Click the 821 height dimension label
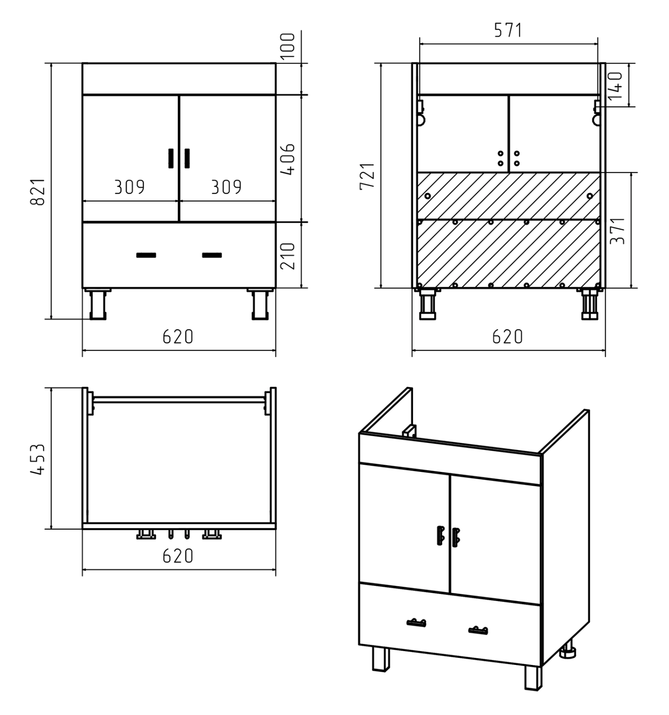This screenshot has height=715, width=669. (x=38, y=191)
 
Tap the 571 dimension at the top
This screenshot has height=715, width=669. (x=507, y=30)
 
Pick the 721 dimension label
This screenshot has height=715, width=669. (x=368, y=176)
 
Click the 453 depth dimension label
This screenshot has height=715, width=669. (x=38, y=459)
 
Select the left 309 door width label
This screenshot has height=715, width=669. (x=130, y=187)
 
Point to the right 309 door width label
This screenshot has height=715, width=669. (x=226, y=187)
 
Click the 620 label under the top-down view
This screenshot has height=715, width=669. (x=178, y=556)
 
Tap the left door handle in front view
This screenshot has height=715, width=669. (x=171, y=158)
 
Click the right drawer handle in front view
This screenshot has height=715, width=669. (x=212, y=255)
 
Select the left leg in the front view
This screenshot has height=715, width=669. (x=98, y=305)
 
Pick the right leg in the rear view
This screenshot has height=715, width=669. (x=589, y=305)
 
